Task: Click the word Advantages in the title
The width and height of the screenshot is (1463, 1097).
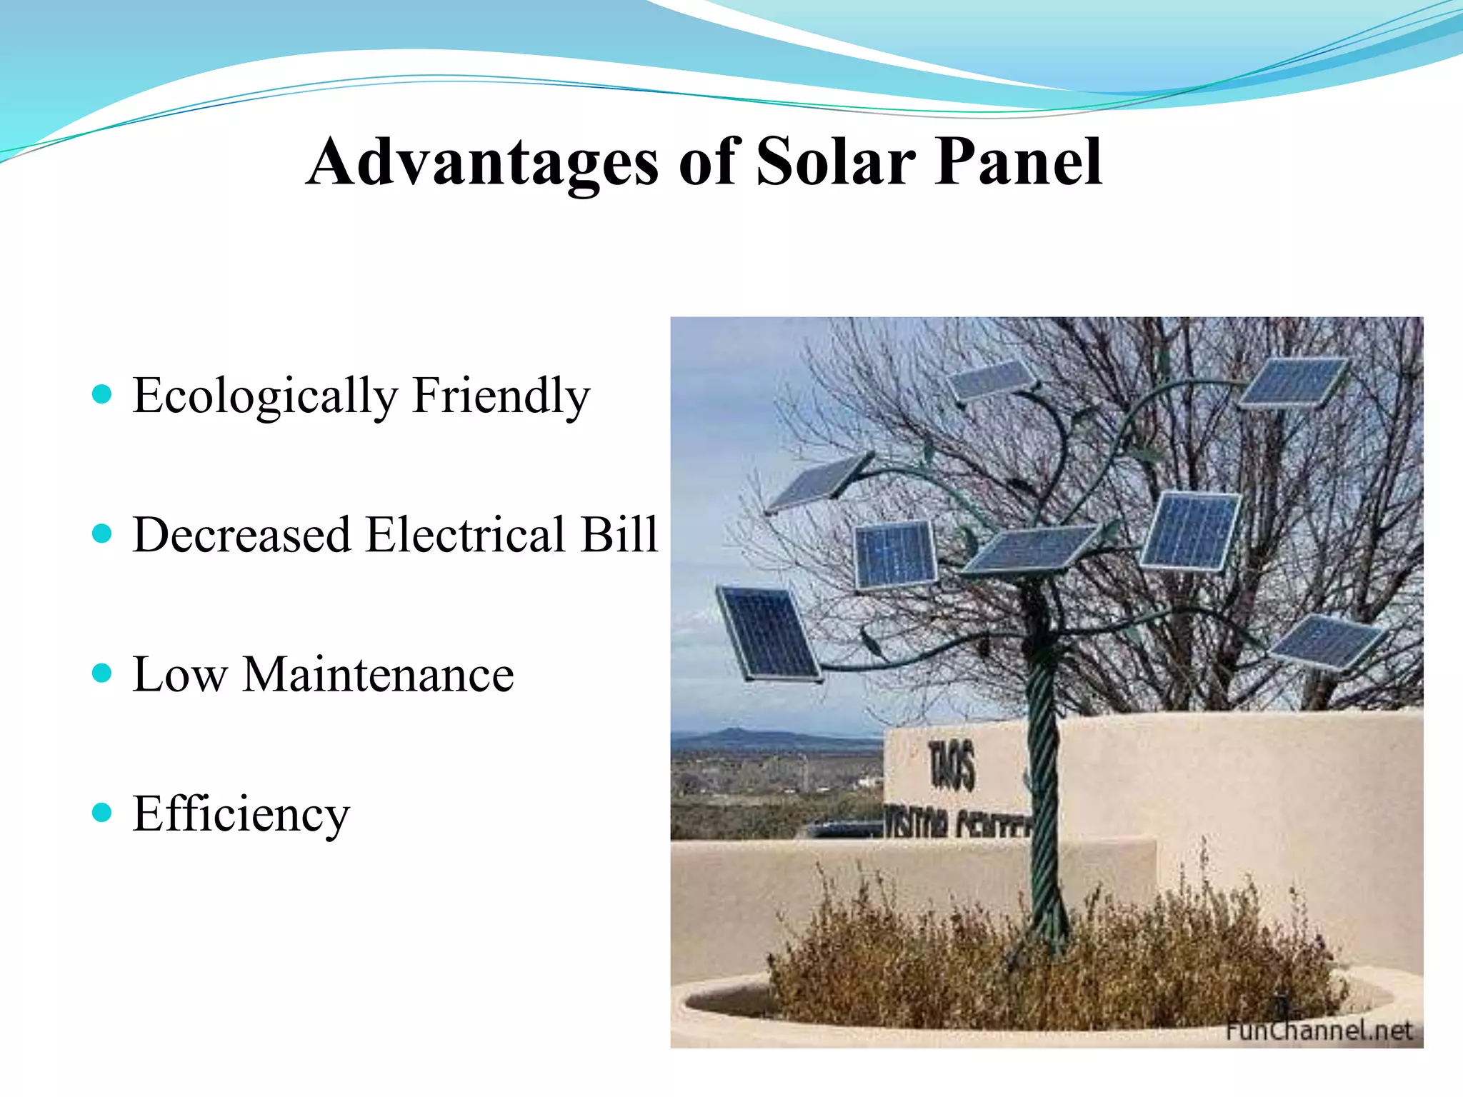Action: pyautogui.click(x=482, y=163)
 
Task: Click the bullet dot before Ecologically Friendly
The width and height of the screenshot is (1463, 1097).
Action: pyautogui.click(x=103, y=394)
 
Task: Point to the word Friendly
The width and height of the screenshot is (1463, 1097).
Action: pyautogui.click(x=501, y=396)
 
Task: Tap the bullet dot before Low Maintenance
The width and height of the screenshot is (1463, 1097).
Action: pyautogui.click(x=103, y=673)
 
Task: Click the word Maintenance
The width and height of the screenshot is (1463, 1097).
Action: pyautogui.click(x=378, y=674)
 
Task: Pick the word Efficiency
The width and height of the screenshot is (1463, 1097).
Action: pyautogui.click(x=241, y=814)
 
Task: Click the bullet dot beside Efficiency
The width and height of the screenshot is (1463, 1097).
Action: pyautogui.click(x=103, y=812)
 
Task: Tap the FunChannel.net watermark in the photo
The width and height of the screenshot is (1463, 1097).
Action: pyautogui.click(x=1318, y=1030)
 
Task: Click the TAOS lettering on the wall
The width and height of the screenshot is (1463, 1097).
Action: pyautogui.click(x=952, y=765)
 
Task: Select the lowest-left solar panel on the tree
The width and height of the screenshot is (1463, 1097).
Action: pyautogui.click(x=769, y=633)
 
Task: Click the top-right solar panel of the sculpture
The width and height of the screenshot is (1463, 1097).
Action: pyautogui.click(x=1294, y=382)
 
